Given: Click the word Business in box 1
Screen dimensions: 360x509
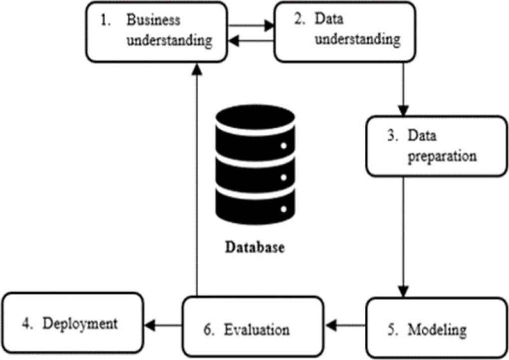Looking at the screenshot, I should [153, 20].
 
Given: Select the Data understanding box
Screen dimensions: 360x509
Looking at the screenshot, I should [345, 31].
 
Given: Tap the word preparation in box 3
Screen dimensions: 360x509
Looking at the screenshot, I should [442, 156].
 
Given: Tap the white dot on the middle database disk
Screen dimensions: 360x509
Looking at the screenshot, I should [284, 177].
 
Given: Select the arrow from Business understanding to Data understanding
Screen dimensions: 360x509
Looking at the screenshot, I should [251, 23].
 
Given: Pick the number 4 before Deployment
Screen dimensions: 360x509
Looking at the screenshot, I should [29, 323].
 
